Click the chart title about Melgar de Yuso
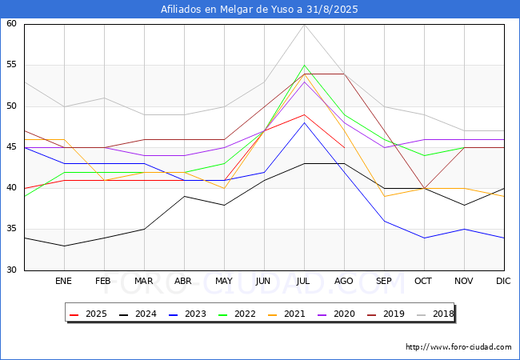coord(259,10)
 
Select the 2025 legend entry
coord(89,314)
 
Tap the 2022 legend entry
coord(237,314)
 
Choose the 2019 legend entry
coord(386,314)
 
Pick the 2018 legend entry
coord(435,314)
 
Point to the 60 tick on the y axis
coord(11,23)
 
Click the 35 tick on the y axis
coord(11,229)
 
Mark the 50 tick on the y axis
coord(11,106)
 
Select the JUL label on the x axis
coord(303,281)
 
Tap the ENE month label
coord(63,281)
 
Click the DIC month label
coord(503,281)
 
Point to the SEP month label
coord(384,281)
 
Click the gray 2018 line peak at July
coord(305,25)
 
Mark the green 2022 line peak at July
coord(305,66)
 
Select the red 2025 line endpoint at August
coord(345,147)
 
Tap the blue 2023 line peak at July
coord(305,122)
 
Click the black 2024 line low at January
coord(64,246)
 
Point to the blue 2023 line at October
coord(425,238)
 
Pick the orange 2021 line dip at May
coord(225,188)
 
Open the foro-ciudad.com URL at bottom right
coord(458,347)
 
